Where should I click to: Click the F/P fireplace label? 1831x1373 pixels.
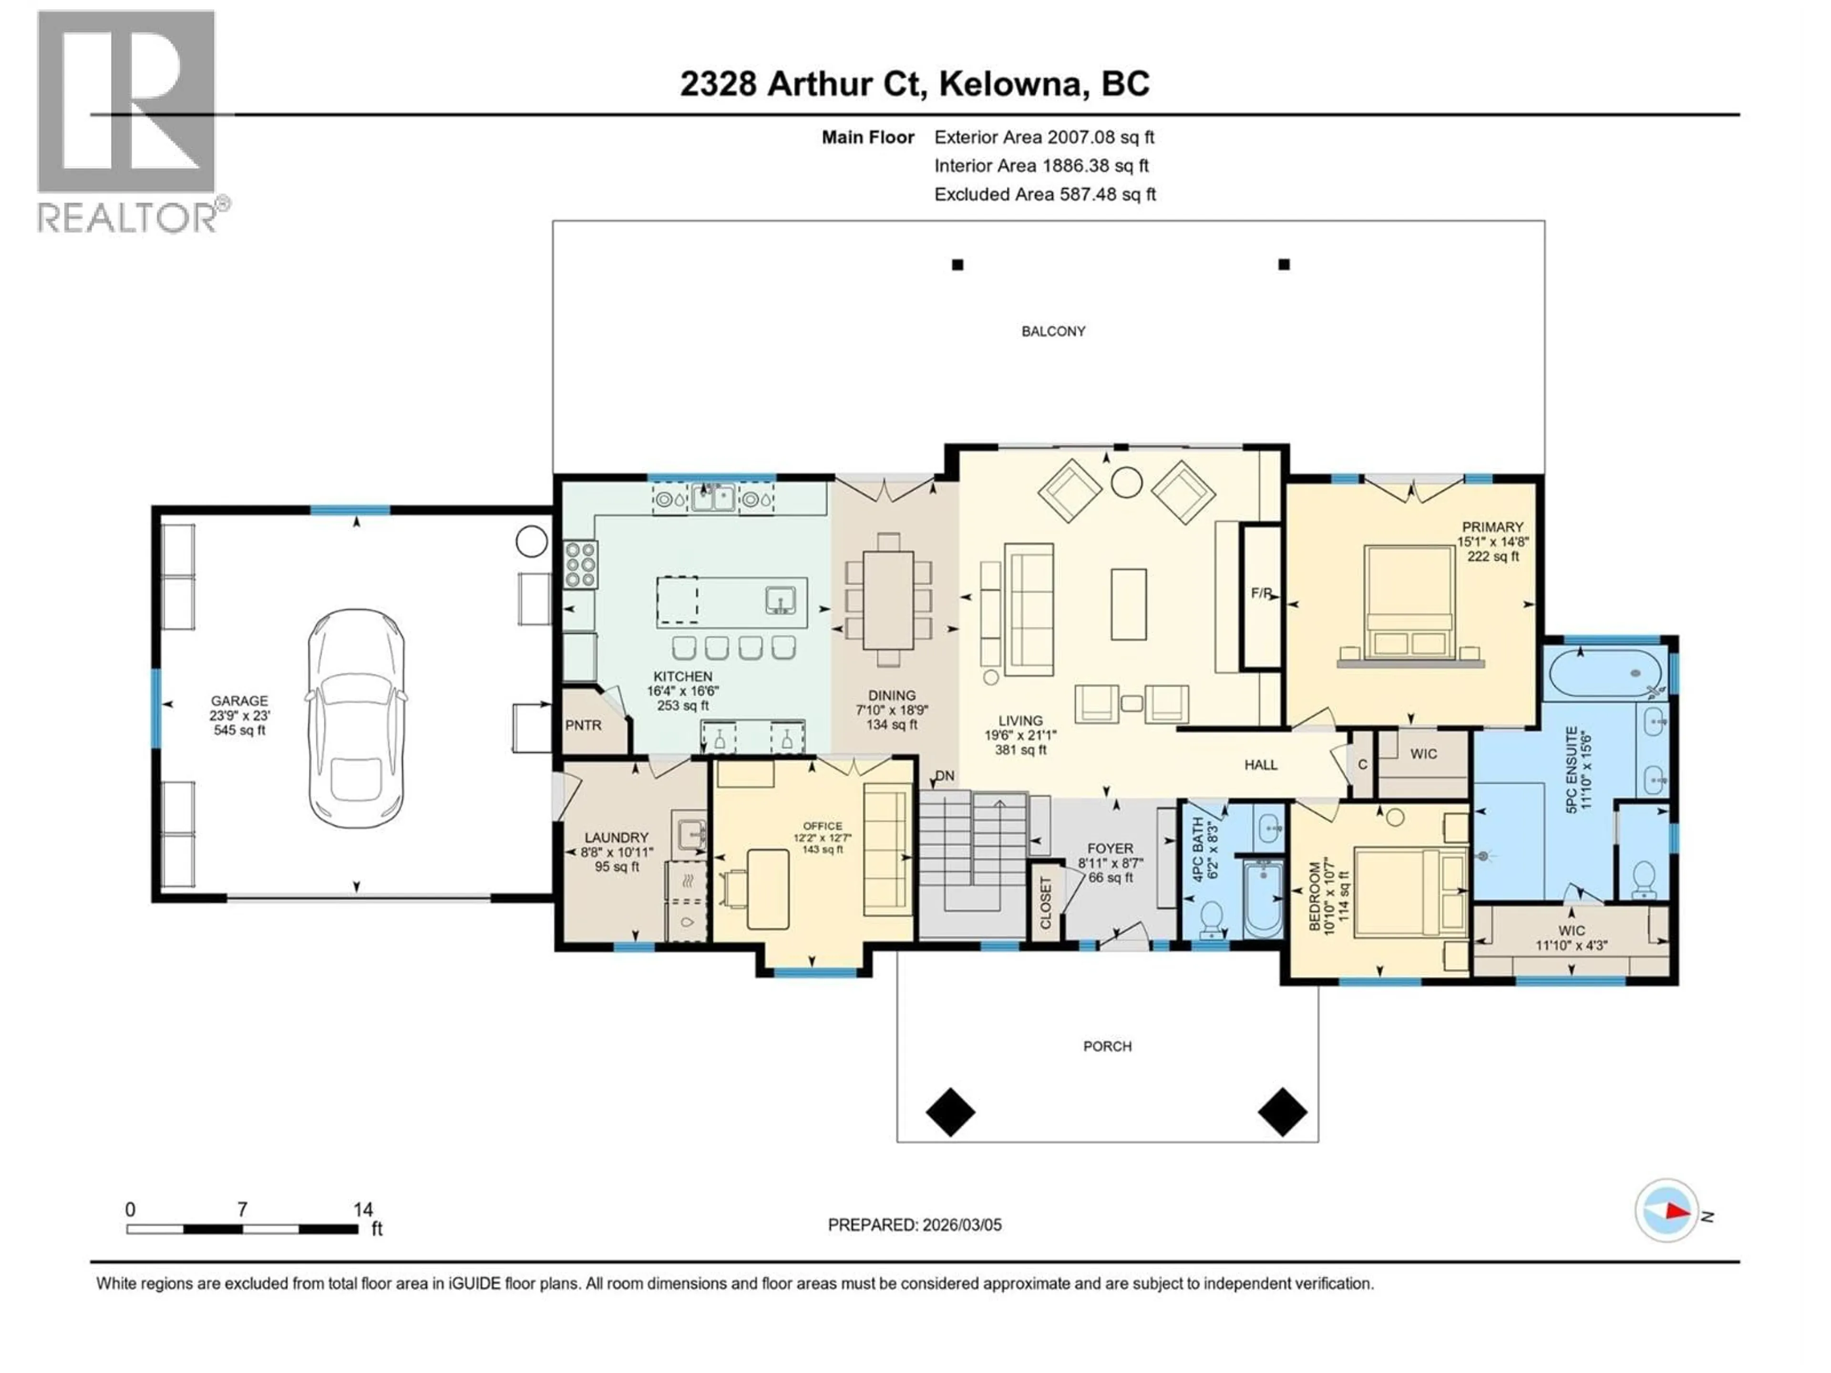(x=1261, y=594)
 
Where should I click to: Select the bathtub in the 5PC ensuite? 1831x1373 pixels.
(x=1604, y=673)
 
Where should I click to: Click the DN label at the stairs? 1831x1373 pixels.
(x=945, y=776)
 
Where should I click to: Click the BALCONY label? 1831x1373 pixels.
(x=1053, y=331)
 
